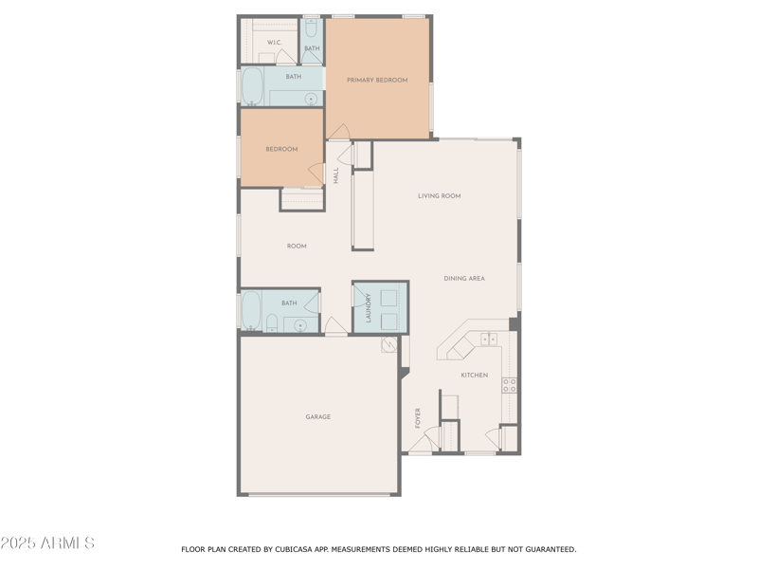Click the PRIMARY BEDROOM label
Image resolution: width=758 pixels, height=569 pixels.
pyautogui.click(x=377, y=81)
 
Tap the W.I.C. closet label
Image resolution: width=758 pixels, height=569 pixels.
pyautogui.click(x=273, y=43)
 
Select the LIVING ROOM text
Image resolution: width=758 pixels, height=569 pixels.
pyautogui.click(x=440, y=196)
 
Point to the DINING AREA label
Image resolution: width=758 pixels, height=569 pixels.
pyautogui.click(x=464, y=279)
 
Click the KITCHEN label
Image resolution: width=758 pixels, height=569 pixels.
pyautogui.click(x=475, y=376)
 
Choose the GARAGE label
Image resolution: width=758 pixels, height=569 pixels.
pyautogui.click(x=317, y=417)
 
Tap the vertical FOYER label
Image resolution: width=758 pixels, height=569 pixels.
pyautogui.click(x=418, y=417)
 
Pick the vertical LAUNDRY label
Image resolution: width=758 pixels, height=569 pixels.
pyautogui.click(x=369, y=308)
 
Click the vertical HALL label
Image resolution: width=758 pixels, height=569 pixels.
pyautogui.click(x=335, y=175)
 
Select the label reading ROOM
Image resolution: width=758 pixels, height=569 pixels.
pyautogui.click(x=297, y=247)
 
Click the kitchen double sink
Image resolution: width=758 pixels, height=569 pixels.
pyautogui.click(x=489, y=340)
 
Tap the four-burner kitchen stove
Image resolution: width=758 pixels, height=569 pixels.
pyautogui.click(x=509, y=385)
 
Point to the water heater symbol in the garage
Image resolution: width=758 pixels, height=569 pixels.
pyautogui.click(x=388, y=346)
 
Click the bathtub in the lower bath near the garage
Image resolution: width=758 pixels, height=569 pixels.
pyautogui.click(x=251, y=309)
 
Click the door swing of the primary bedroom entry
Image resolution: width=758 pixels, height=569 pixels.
pyautogui.click(x=339, y=133)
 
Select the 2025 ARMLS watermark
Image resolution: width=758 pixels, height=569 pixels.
pyautogui.click(x=47, y=543)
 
